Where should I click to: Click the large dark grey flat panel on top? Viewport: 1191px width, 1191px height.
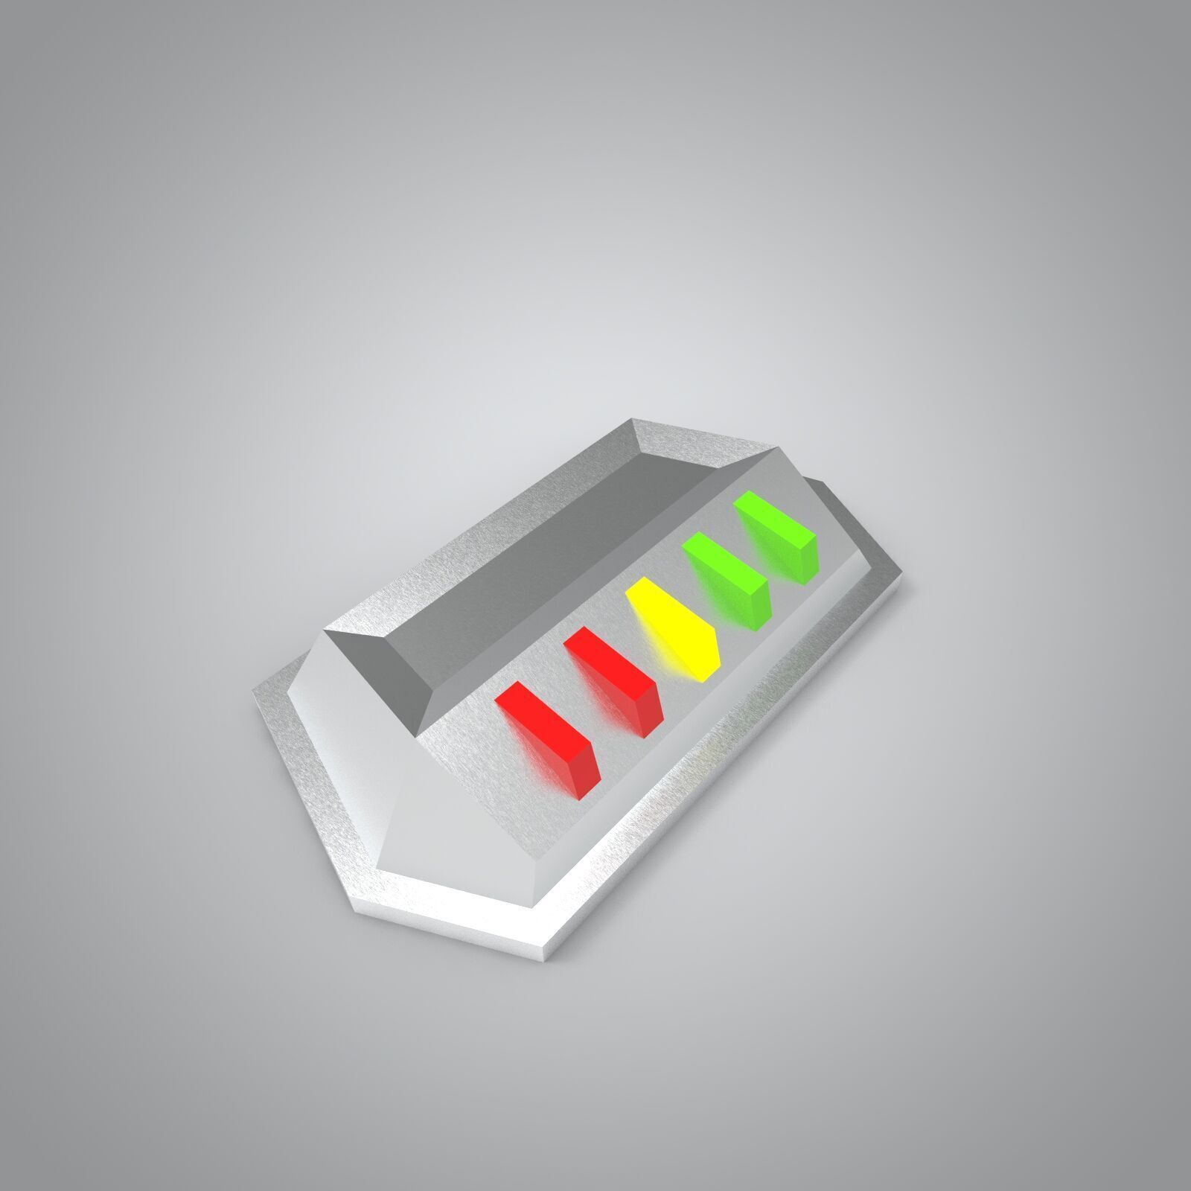click(x=551, y=566)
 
